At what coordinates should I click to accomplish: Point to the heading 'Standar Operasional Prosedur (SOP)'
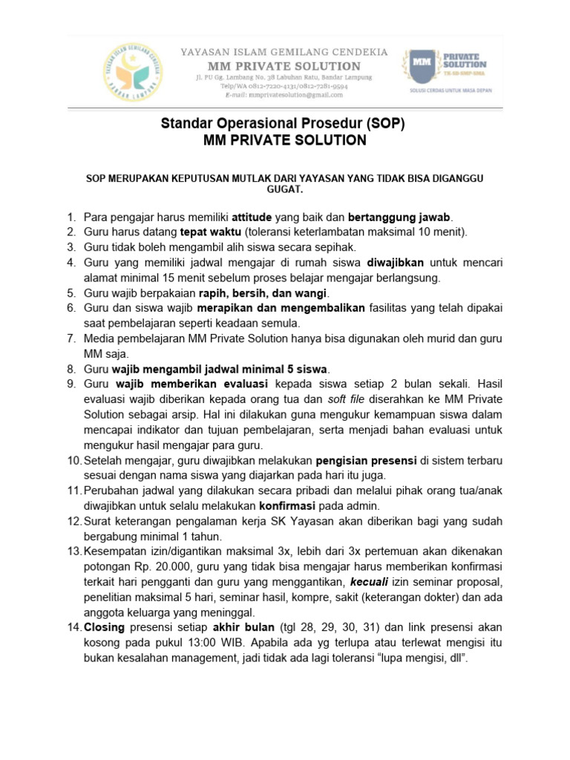pos(284,124)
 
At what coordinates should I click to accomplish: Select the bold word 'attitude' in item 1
pos(252,218)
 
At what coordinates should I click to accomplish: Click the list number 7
pos(71,339)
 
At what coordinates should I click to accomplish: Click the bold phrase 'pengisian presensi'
pos(365,461)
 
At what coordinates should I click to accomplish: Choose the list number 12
pos(73,521)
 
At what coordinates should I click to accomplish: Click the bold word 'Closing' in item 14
pos(106,627)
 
